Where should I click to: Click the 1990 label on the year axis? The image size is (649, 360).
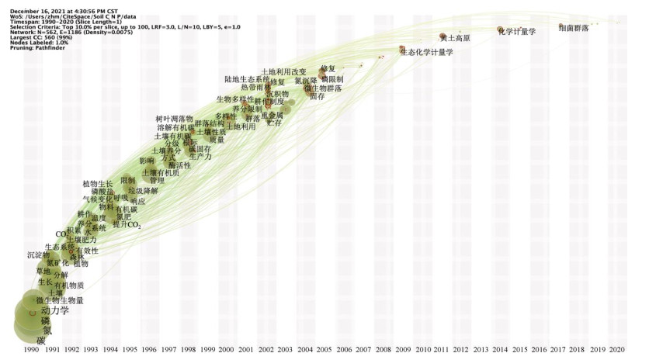32,351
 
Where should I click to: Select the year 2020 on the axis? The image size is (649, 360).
617,351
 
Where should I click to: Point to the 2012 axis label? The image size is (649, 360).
461,351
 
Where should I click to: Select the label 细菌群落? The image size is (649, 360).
574,28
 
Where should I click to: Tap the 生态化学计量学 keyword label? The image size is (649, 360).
426,52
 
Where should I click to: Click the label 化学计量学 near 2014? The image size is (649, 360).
517,31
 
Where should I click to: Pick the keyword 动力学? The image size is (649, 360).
54,310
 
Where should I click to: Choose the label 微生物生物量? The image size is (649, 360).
60,300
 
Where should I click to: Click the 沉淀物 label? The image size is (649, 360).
38,254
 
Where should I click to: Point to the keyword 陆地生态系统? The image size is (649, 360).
247,79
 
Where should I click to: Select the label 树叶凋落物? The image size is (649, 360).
174,119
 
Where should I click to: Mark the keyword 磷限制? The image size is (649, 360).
331,79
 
